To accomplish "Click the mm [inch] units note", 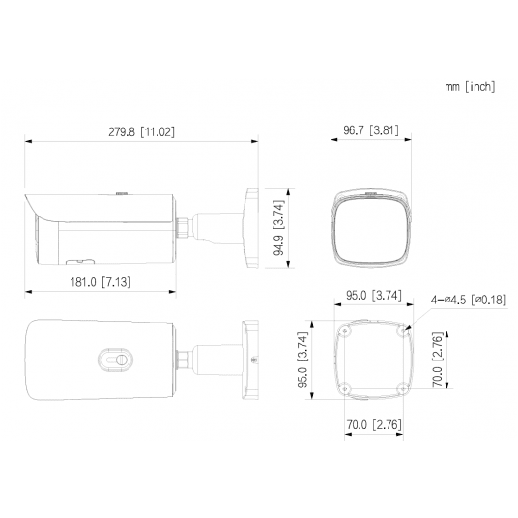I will pyautogui.click(x=470, y=87).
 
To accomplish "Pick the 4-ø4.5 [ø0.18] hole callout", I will pyautogui.click(x=468, y=300).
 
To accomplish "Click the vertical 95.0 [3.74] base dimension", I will pyautogui.click(x=303, y=360).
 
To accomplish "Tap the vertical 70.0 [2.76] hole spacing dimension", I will pyautogui.click(x=436, y=360).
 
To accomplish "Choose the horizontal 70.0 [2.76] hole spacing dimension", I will pyautogui.click(x=374, y=422).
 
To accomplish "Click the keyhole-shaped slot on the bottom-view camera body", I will pyautogui.click(x=120, y=359).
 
